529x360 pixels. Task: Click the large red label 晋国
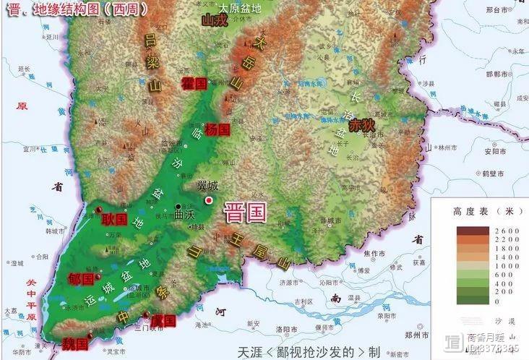(244, 213)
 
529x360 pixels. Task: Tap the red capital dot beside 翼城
(210, 200)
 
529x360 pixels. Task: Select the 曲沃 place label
(184, 215)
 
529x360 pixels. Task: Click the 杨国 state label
(217, 130)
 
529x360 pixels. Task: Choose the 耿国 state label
(114, 218)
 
